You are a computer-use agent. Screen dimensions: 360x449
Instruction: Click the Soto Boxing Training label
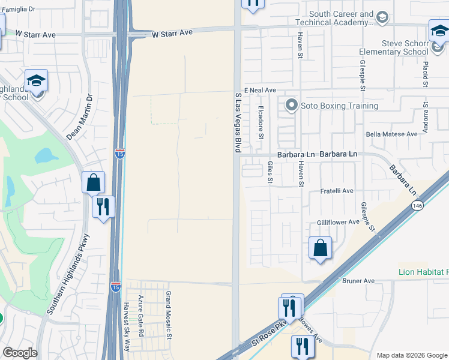point(339,106)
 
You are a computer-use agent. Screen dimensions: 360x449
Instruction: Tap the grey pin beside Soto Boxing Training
point(292,106)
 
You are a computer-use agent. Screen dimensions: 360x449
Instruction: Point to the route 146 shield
point(416,206)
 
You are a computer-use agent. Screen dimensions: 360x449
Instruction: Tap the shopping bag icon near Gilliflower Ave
point(321,247)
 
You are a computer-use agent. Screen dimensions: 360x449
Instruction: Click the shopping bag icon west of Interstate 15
point(94,182)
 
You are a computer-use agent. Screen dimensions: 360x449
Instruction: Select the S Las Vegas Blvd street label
point(238,121)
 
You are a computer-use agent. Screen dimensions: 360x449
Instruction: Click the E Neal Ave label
point(259,89)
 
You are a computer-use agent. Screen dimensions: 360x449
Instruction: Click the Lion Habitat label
point(423,272)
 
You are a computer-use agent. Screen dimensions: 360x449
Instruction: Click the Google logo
point(20,353)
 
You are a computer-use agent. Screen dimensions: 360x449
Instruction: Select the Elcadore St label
point(261,122)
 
